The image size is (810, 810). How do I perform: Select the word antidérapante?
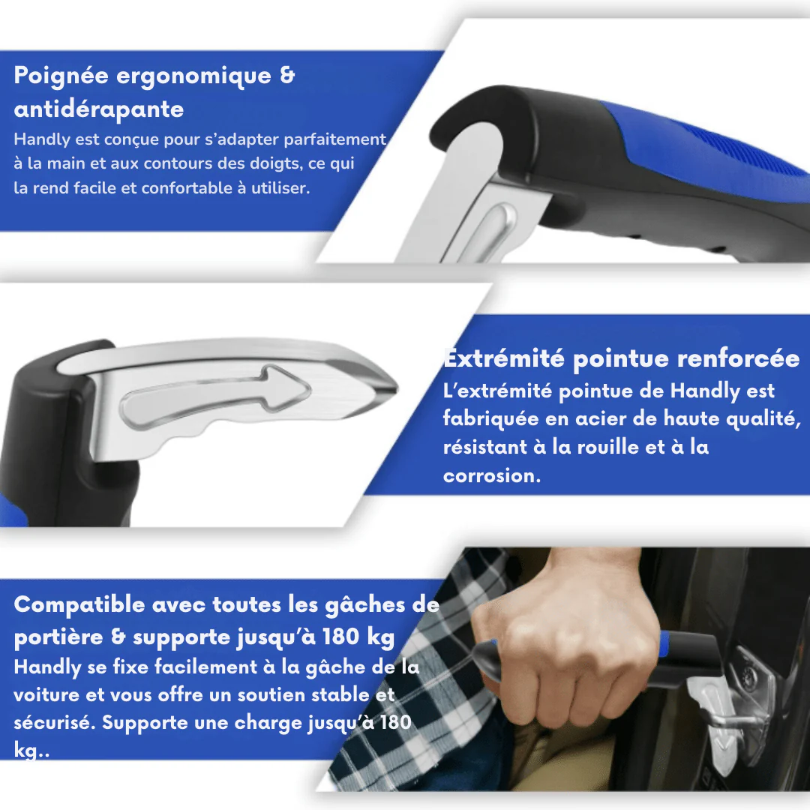click(x=98, y=109)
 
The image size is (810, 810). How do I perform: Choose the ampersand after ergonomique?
click(x=287, y=76)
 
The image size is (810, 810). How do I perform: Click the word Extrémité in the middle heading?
click(x=503, y=359)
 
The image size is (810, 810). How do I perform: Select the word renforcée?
click(x=739, y=359)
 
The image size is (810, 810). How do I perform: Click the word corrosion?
click(x=490, y=476)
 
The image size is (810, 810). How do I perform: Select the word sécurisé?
click(x=54, y=723)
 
